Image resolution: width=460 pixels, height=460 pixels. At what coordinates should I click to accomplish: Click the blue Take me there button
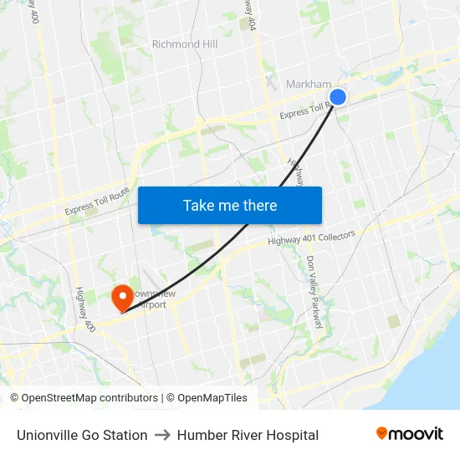(x=230, y=205)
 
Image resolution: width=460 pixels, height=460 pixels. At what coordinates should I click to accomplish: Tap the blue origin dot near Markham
(x=338, y=97)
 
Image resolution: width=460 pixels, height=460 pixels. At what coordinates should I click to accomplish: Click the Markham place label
(x=309, y=84)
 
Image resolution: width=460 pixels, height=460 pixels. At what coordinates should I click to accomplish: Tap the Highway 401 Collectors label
(x=311, y=238)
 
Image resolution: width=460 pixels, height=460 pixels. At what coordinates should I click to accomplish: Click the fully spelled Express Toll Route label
(x=98, y=201)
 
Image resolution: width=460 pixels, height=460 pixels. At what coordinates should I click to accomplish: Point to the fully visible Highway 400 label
(x=83, y=308)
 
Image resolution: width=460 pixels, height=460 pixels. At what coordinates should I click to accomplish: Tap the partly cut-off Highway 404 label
(x=248, y=14)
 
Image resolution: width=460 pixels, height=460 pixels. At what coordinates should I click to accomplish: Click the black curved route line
(x=251, y=226)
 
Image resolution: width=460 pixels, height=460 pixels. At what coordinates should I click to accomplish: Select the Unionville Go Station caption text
(x=82, y=435)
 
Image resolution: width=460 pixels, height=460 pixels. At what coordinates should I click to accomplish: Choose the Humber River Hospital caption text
(x=248, y=435)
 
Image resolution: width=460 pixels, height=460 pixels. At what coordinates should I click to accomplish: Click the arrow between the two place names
(x=162, y=435)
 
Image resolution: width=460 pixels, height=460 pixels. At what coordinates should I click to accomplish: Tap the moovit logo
(x=409, y=433)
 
